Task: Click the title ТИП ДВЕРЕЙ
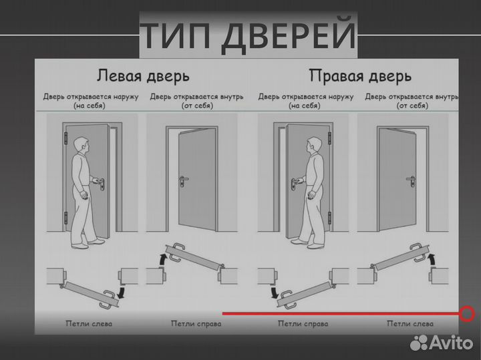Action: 249,35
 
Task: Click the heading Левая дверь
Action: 143,74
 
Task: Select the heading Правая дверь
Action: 359,74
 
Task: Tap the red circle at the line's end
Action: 467,313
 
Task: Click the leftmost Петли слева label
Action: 89,324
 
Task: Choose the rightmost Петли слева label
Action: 410,324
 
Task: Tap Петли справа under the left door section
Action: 196,324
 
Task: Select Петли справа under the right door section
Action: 303,324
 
